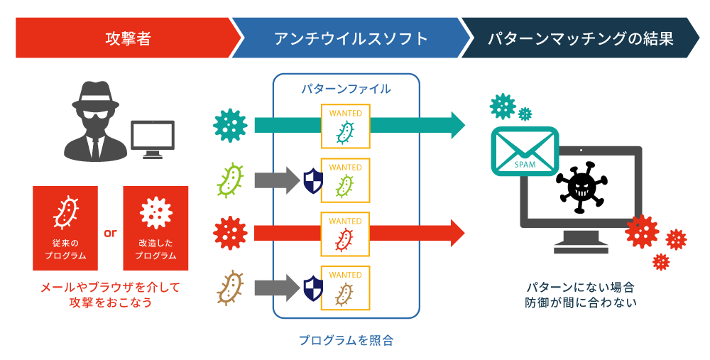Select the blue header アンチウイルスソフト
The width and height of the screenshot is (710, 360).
[x=351, y=38]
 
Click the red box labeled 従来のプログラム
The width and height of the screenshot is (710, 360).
[x=65, y=228]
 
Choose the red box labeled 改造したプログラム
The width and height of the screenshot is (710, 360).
[x=155, y=228]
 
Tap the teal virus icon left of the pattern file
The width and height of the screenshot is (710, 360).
[x=230, y=126]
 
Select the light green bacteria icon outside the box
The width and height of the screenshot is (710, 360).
[x=230, y=180]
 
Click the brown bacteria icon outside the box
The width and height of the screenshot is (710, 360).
[x=230, y=287]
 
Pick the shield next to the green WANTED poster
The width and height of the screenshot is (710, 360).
[x=312, y=180]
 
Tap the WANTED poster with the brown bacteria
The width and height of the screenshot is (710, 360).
[x=345, y=287]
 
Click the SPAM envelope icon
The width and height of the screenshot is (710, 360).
[x=525, y=151]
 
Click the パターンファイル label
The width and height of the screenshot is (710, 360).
[x=346, y=89]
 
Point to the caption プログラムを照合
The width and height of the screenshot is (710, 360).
[x=346, y=340]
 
